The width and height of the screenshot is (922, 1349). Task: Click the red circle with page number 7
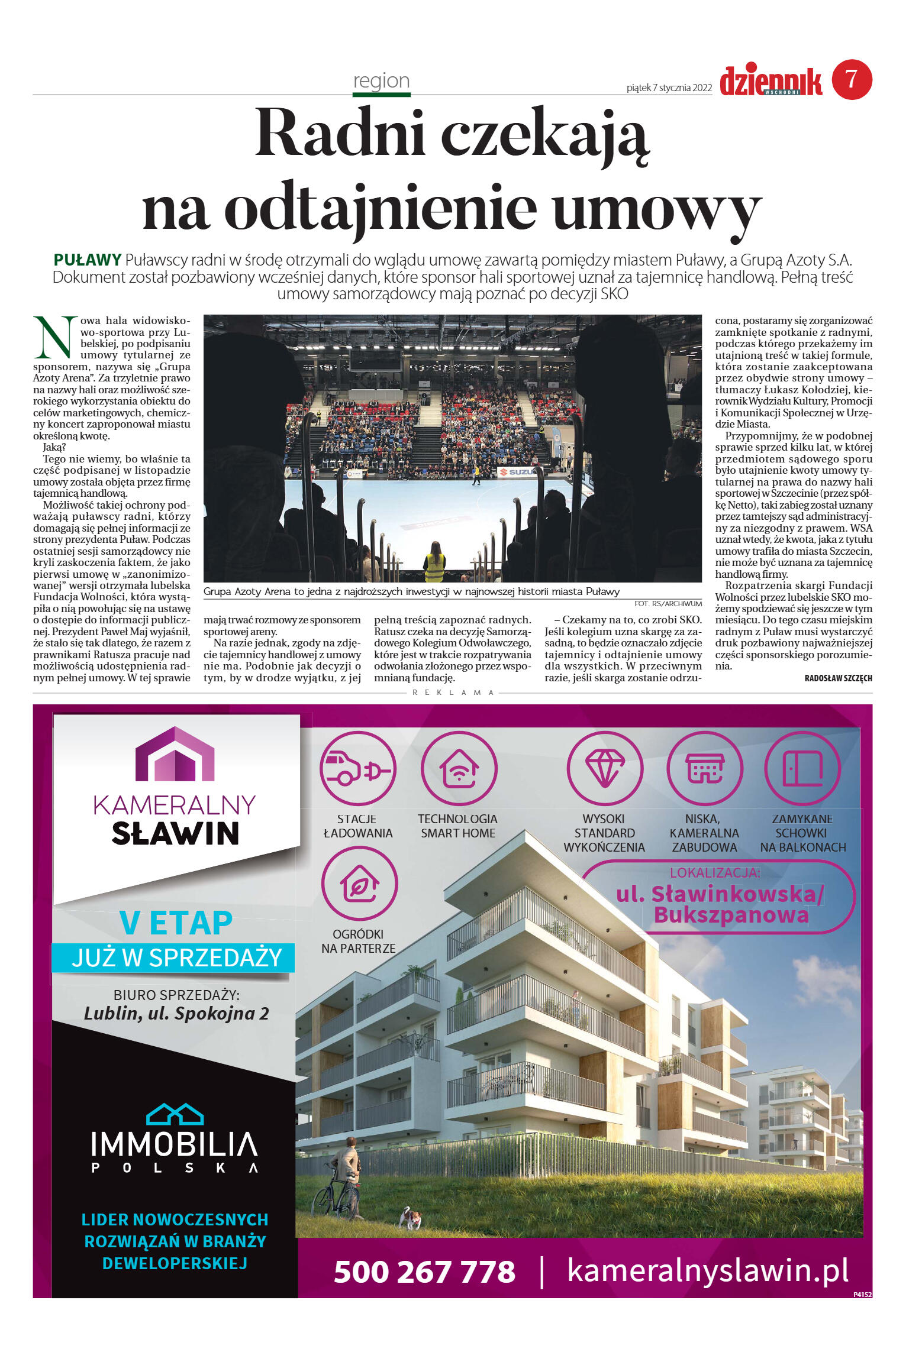coord(852,79)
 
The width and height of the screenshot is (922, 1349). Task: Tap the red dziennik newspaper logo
coord(771,82)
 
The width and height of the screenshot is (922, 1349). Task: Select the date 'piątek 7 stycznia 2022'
coord(669,88)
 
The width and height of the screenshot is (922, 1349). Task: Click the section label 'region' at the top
coord(381,80)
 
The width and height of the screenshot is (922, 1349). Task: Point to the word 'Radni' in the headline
coord(340,133)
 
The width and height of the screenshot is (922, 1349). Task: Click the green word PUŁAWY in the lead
coord(87,260)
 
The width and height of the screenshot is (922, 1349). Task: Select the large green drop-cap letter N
coord(54,338)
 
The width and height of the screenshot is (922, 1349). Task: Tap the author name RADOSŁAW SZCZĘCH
coord(838,678)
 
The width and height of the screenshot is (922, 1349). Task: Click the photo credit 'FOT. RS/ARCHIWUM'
coord(668,604)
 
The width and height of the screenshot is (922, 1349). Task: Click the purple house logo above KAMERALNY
coord(175,754)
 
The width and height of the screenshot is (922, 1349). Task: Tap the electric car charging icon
coord(357,769)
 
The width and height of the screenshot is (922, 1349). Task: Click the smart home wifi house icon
coord(459,769)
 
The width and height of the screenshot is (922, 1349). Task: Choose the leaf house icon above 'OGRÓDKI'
coord(359,884)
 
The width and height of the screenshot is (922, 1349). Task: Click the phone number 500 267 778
coord(424,1272)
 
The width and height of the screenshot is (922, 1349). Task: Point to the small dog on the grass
coord(410,1217)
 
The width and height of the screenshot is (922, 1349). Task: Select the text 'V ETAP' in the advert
coord(176,923)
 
